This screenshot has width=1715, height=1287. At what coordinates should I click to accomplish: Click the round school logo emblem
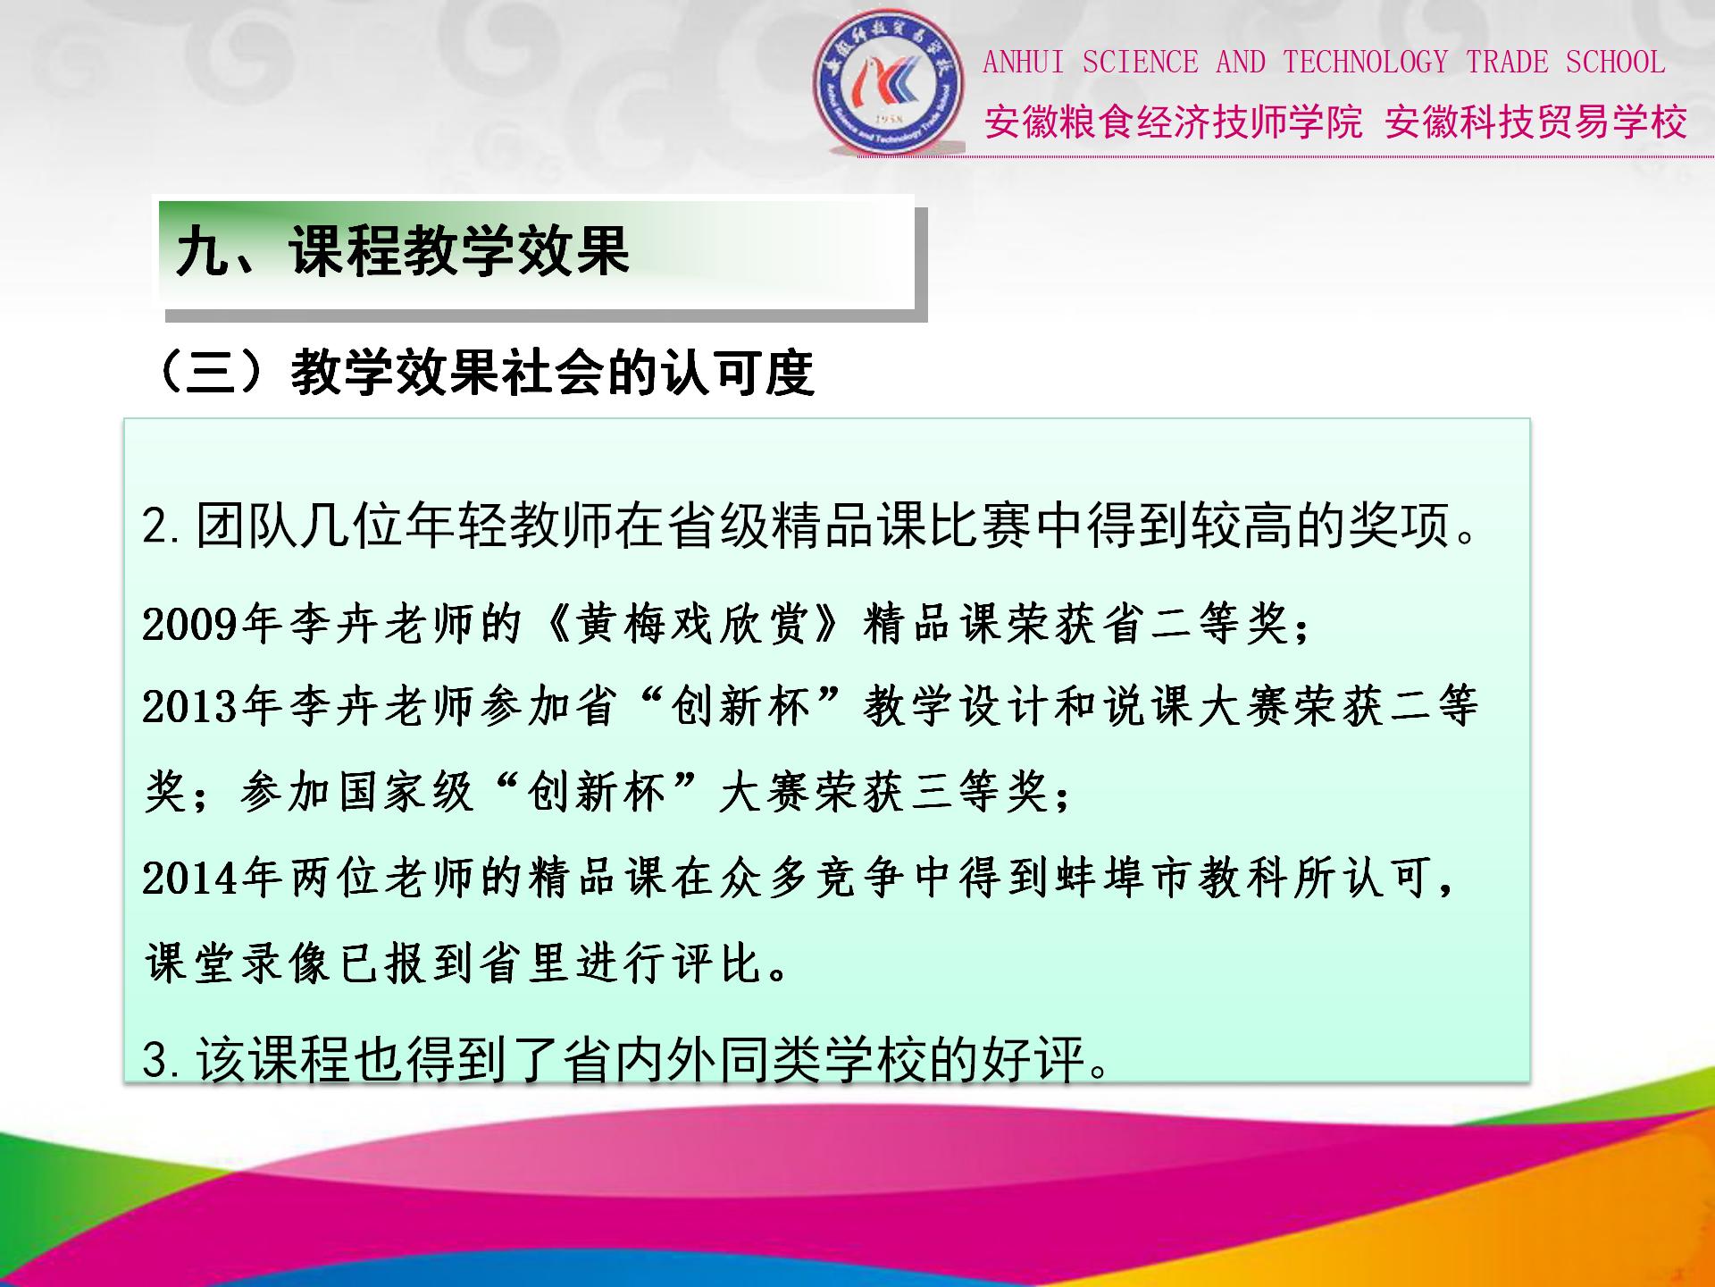pos(889,82)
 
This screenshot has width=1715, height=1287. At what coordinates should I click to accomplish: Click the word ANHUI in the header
pos(1023,63)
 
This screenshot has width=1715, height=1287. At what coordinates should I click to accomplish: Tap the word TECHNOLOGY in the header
pos(1366,62)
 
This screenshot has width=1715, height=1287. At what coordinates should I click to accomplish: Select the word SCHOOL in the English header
pos(1615,62)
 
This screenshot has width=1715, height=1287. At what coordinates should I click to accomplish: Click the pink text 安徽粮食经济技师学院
pos(1173,122)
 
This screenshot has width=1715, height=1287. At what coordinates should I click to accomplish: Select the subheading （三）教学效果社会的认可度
pos(482,372)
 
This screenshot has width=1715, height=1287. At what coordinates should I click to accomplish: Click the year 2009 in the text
pos(190,624)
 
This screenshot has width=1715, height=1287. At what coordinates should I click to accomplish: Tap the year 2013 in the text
pos(190,707)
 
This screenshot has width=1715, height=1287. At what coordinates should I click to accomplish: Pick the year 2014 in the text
pos(190,878)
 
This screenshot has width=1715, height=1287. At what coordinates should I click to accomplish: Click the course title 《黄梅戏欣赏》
pos(690,624)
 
